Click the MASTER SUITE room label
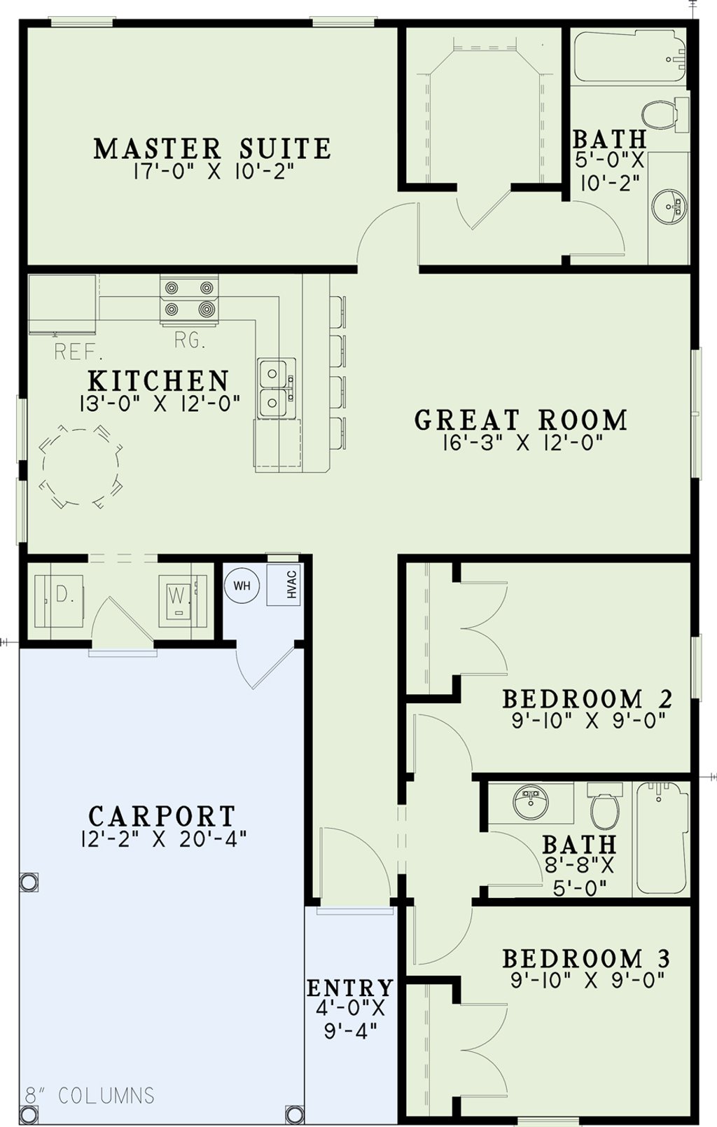(212, 148)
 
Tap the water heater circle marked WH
(242, 586)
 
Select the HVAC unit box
(284, 584)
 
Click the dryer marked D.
(59, 600)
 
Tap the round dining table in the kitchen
(81, 466)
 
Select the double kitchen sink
(277, 388)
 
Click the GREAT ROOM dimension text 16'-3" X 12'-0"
(522, 443)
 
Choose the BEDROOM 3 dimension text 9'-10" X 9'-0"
(587, 980)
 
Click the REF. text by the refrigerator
(78, 352)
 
